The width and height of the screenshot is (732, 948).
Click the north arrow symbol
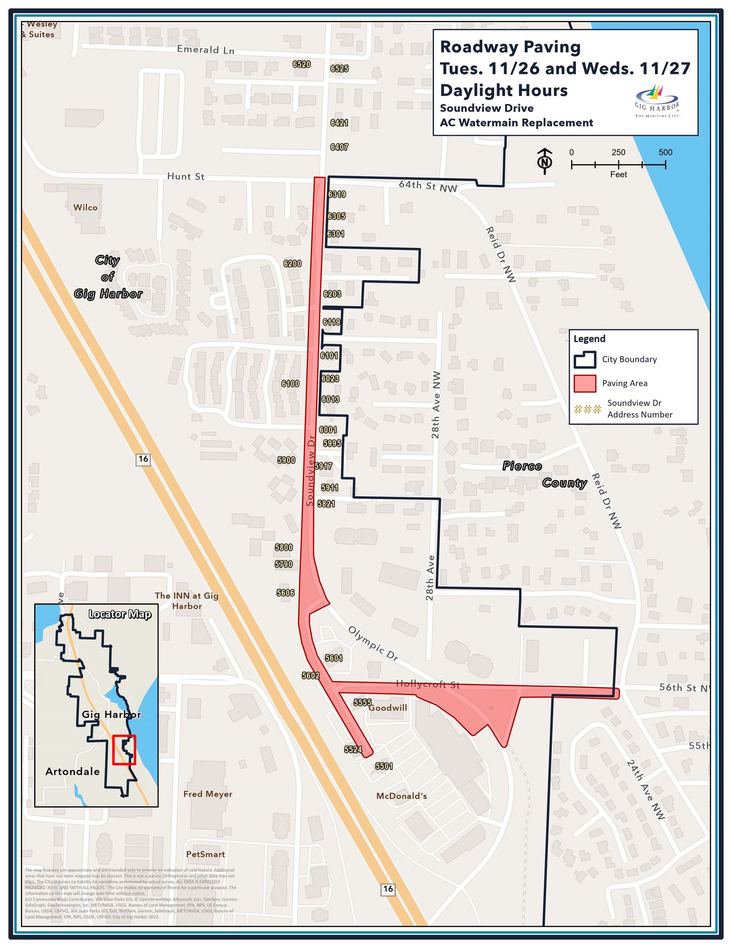click(545, 161)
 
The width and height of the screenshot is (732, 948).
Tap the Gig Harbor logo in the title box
click(657, 101)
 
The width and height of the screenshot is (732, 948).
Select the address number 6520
click(301, 65)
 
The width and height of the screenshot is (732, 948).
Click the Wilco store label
click(85, 207)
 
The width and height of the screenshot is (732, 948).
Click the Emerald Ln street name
click(205, 50)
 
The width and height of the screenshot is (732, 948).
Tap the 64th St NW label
click(428, 186)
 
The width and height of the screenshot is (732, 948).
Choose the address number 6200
click(292, 264)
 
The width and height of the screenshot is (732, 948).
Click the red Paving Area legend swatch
click(584, 383)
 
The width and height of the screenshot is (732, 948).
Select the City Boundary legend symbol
click(584, 360)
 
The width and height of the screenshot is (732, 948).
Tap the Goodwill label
click(388, 707)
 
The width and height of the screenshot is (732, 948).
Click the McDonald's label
click(402, 796)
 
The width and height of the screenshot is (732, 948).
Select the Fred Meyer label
click(208, 794)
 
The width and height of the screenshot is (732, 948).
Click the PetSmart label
click(205, 854)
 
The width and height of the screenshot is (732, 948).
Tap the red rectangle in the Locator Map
click(124, 750)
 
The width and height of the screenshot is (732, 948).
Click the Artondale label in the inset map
click(73, 771)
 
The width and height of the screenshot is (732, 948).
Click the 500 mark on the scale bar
click(665, 152)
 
